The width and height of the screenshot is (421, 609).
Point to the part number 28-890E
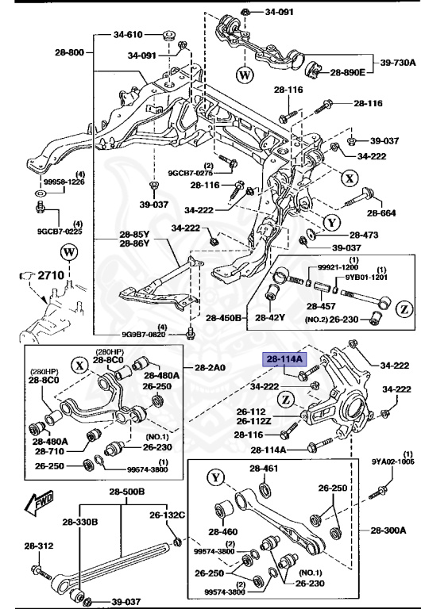(347, 72)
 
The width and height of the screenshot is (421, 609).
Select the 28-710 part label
(49, 451)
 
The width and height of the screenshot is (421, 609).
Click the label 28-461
(264, 469)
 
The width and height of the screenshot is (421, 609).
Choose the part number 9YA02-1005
(393, 460)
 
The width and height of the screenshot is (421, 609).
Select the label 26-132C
(169, 515)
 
